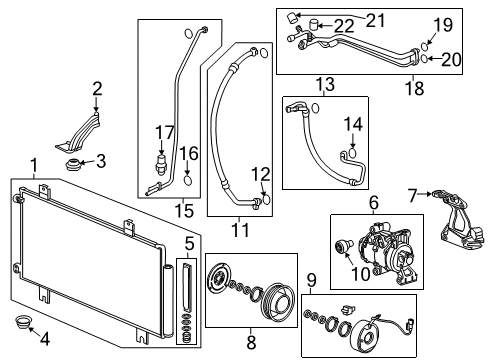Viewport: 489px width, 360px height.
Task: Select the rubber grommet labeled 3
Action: (71, 162)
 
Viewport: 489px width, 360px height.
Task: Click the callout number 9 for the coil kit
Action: (311, 279)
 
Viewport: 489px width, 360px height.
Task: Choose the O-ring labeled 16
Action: (188, 181)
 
